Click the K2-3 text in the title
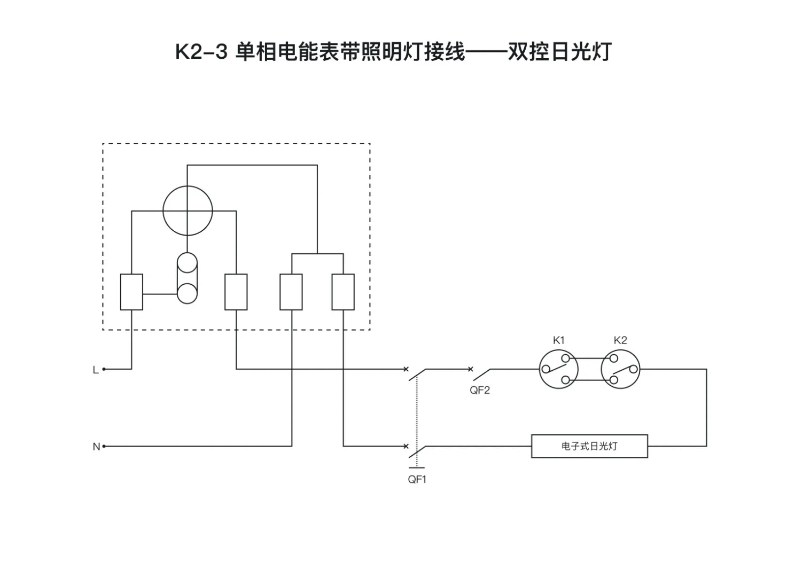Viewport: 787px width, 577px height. tap(202, 52)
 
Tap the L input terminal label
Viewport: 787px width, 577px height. tap(96, 370)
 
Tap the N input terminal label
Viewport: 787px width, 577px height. tap(96, 447)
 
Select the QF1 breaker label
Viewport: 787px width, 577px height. tap(417, 479)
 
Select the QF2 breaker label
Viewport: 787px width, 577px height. tap(479, 390)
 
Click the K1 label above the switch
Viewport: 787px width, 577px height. tap(558, 340)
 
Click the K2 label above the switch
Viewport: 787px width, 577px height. tap(620, 340)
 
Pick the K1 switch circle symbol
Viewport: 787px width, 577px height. tap(558, 369)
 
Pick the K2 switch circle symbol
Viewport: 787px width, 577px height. tap(620, 369)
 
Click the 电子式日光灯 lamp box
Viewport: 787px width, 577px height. tap(589, 446)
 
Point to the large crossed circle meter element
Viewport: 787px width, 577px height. tap(188, 210)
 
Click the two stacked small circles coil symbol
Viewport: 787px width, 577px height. tap(187, 278)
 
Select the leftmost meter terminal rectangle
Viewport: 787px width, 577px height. tap(131, 292)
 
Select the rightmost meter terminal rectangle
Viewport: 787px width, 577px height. tap(343, 292)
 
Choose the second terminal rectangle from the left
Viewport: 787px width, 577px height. tap(236, 292)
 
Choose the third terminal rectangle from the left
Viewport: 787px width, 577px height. tap(291, 292)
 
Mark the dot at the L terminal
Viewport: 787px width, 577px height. tap(104, 369)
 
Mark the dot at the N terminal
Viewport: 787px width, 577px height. tap(104, 446)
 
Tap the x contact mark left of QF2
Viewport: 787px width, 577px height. tap(470, 369)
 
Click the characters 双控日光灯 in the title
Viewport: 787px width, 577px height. tap(559, 52)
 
